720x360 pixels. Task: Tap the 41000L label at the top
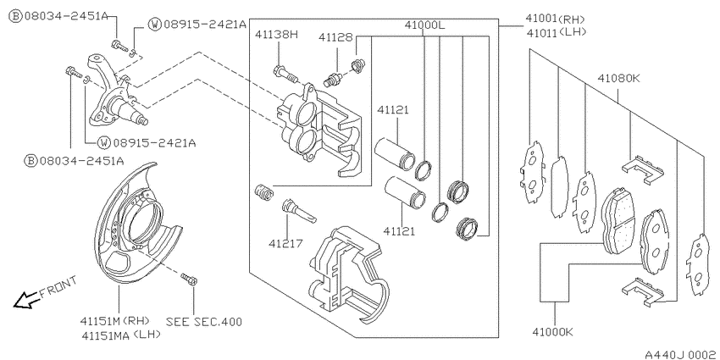[x=424, y=25]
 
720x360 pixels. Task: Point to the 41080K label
[x=618, y=79]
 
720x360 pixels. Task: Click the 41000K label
[x=553, y=331]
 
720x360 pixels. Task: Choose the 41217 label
[x=286, y=243]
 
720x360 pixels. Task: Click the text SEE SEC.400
[x=203, y=321]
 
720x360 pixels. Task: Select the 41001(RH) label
[x=555, y=19]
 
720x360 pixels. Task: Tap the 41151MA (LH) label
[x=121, y=335]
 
